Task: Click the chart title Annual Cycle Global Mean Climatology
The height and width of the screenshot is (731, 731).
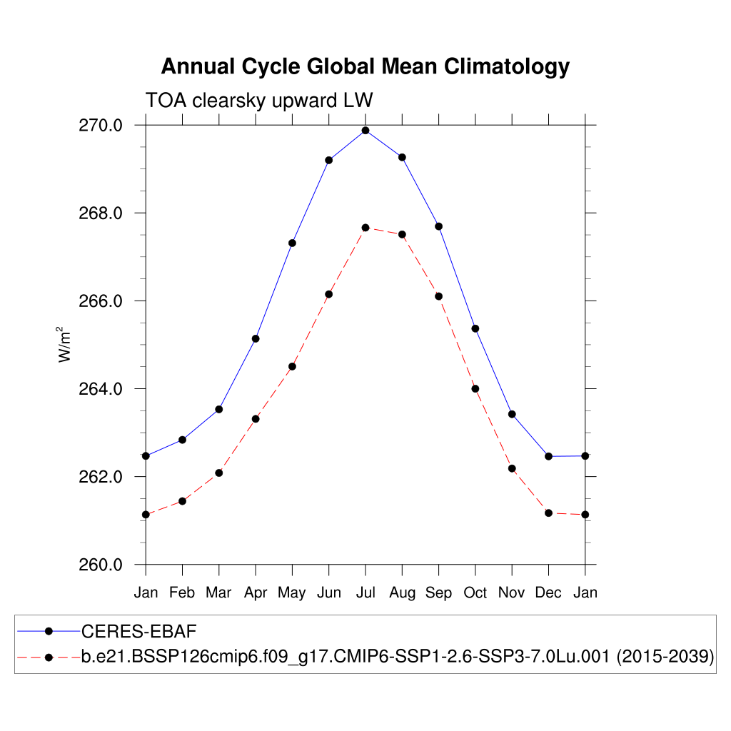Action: [365, 66]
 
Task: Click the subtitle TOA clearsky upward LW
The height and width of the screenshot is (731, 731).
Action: [259, 100]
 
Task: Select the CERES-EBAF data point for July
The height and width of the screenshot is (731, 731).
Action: [365, 131]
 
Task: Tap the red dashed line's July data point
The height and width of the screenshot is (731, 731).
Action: [365, 228]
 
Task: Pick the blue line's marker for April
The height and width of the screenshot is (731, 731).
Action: [256, 338]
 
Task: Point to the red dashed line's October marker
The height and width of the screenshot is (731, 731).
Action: [475, 388]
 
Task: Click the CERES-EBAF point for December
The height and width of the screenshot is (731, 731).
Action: [548, 456]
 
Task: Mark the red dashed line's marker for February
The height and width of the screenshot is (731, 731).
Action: [183, 501]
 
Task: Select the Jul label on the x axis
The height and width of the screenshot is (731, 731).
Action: [365, 593]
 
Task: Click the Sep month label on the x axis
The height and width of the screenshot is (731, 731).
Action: [438, 593]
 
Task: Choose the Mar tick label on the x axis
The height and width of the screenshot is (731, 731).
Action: [219, 593]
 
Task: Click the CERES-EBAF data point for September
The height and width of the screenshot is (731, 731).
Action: [438, 226]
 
